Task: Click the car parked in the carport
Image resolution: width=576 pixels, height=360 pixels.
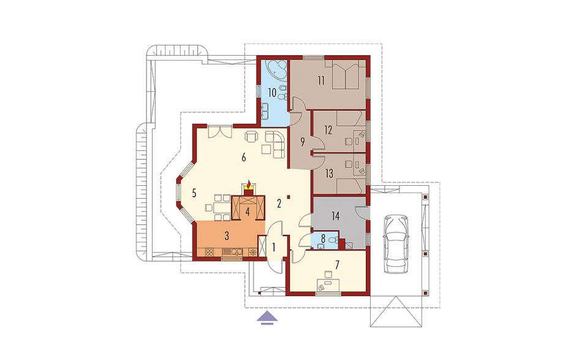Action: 396,244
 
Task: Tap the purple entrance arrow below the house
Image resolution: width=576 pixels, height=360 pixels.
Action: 267,318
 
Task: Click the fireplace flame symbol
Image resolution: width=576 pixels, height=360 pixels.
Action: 249,183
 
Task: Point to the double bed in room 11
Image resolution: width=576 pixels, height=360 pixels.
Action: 346,75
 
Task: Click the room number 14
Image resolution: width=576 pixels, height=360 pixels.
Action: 335,216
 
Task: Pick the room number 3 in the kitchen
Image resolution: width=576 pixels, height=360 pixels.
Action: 227,236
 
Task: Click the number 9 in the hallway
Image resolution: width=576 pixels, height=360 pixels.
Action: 303,142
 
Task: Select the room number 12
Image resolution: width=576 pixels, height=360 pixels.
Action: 328,130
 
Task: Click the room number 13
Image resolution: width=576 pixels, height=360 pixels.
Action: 329,173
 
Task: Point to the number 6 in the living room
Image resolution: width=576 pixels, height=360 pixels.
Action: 243,158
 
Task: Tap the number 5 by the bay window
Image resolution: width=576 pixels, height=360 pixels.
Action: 194,193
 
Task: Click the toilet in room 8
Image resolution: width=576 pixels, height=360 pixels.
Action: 332,241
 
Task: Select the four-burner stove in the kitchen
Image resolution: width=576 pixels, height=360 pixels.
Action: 210,253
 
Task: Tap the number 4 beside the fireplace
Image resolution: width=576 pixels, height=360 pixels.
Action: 248,212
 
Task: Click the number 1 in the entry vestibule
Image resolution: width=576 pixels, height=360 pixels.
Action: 274,247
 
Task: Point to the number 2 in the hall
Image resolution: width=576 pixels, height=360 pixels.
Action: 279,204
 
